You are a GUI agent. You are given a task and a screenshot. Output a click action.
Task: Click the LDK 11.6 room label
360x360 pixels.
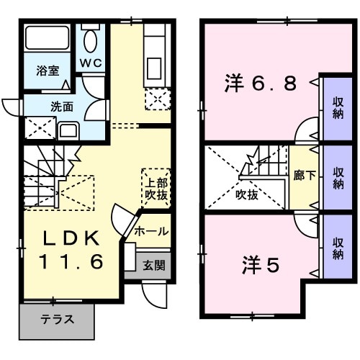pos(70,249)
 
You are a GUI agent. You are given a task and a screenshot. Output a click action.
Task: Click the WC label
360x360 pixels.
pos(91,63)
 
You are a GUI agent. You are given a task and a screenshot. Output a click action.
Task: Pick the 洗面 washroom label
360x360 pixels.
pos(61,107)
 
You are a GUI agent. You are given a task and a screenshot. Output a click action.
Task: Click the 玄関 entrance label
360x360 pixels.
pos(153,265)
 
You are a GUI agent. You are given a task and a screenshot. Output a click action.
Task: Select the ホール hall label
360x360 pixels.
pos(152,231)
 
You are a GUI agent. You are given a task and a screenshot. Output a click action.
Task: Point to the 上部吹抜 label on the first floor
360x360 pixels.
pos(153,187)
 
